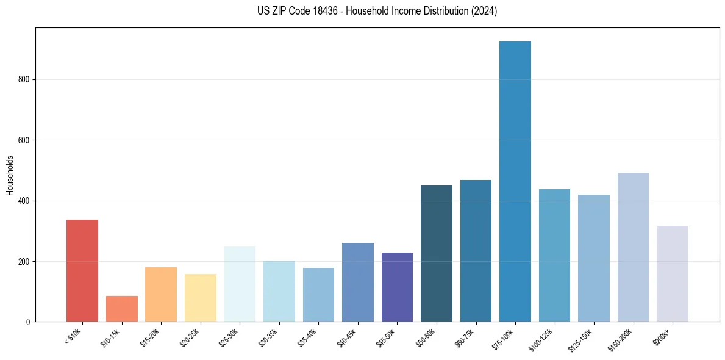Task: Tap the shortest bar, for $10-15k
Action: [122, 309]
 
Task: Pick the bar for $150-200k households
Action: [633, 247]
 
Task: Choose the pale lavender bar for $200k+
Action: [673, 274]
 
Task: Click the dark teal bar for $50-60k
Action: [437, 253]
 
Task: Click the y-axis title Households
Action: [10, 175]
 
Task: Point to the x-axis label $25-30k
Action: [229, 337]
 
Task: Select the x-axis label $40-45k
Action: [346, 337]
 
